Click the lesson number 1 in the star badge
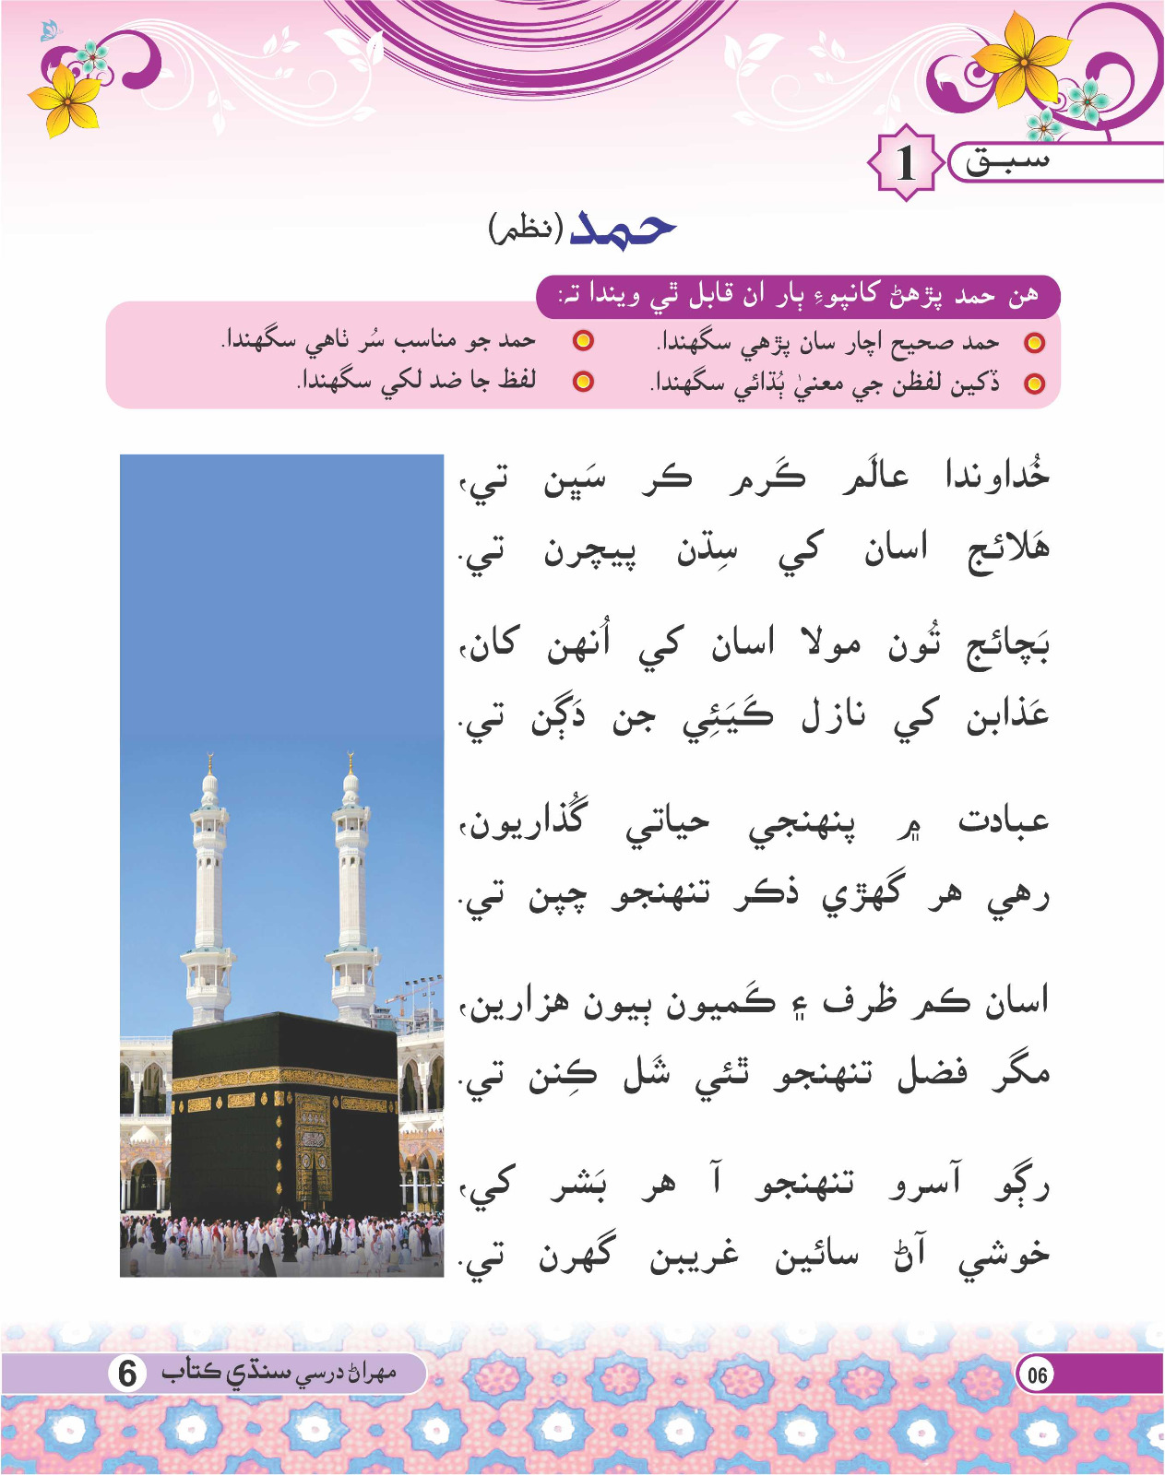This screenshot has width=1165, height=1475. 906,163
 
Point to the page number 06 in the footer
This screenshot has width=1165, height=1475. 1038,1375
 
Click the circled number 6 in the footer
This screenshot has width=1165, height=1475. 127,1374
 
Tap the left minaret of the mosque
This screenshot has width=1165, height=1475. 209,913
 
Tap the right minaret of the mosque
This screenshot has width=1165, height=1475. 351,913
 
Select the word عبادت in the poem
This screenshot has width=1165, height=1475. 1004,821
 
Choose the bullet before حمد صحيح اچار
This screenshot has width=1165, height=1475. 1035,343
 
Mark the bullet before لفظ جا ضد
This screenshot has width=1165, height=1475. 583,381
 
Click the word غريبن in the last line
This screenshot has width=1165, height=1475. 694,1257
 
